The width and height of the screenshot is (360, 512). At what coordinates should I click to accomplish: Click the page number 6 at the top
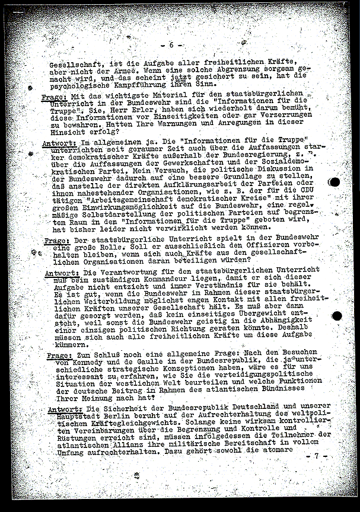point(171,45)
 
